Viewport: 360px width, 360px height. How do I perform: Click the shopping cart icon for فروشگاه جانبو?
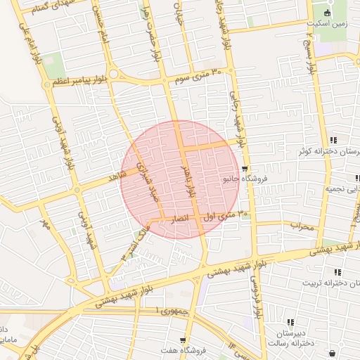(244, 168)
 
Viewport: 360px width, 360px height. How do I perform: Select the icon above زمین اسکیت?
(326, 12)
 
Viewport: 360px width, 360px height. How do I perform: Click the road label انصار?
(181, 219)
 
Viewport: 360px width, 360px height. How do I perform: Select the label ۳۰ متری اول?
(225, 216)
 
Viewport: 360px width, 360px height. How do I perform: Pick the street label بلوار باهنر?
(186, 176)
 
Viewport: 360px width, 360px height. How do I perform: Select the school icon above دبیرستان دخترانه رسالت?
(290, 321)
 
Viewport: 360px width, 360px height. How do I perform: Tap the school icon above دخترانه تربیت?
(337, 271)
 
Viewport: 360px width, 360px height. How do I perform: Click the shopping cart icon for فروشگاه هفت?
(184, 340)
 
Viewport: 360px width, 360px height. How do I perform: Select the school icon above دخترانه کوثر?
(333, 140)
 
